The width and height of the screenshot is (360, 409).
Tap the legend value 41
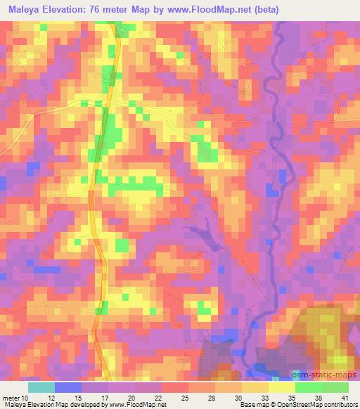pyautogui.click(x=345, y=397)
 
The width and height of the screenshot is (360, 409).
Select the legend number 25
pyautogui.click(x=184, y=397)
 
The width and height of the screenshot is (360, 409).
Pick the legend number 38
pyautogui.click(x=318, y=397)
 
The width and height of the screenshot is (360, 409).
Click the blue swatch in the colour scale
pyautogui.click(x=67, y=387)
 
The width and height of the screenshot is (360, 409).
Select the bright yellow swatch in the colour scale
pyautogui.click(x=281, y=387)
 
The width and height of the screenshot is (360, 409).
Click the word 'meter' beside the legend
pyautogui.click(x=11, y=397)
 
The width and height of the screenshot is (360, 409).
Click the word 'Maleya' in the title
pyautogui.click(x=22, y=10)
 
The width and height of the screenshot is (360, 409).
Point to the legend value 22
pyautogui.click(x=157, y=397)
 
